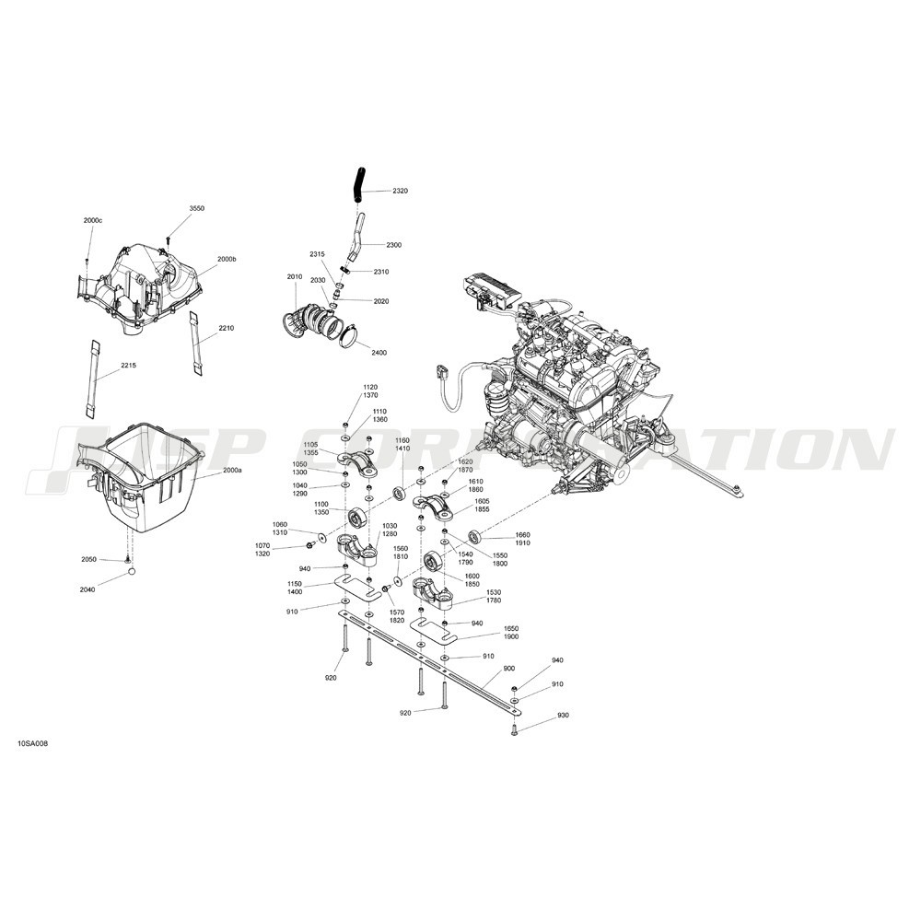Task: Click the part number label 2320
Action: click(x=400, y=191)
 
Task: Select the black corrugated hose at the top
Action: click(x=357, y=184)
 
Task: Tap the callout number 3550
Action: click(x=197, y=208)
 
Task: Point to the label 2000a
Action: click(x=232, y=471)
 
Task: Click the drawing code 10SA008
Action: click(x=33, y=743)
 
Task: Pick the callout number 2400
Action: click(x=379, y=353)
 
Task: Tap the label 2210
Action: click(x=227, y=329)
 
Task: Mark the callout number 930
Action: click(x=563, y=715)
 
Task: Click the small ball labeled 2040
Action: click(x=132, y=572)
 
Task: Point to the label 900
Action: click(x=509, y=669)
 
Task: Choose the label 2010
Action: click(x=295, y=276)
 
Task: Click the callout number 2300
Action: click(x=394, y=245)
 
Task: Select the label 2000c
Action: click(x=93, y=220)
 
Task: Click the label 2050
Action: click(x=88, y=560)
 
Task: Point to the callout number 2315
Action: click(x=317, y=254)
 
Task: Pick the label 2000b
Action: click(x=227, y=259)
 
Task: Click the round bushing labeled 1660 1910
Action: click(x=474, y=536)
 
